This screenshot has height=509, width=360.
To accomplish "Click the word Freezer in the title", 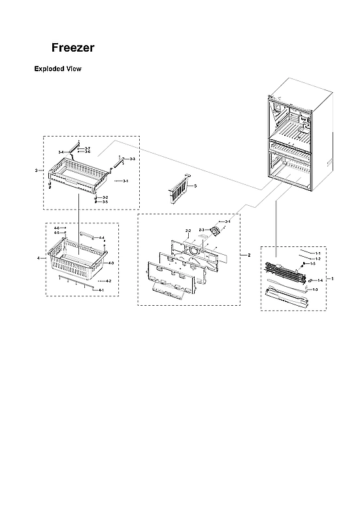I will (x=73, y=48).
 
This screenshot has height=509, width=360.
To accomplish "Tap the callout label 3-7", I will (x=88, y=149).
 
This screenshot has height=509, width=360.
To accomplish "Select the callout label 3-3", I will (x=132, y=159).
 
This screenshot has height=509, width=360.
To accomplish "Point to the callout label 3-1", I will (x=125, y=180).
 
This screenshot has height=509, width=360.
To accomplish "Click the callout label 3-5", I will (x=105, y=202).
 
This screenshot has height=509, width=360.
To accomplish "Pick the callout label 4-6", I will (x=56, y=228).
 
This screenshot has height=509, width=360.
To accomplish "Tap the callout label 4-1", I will (x=101, y=289).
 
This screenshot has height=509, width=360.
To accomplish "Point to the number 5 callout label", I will (x=195, y=186).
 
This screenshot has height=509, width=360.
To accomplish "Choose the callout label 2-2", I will (x=188, y=231).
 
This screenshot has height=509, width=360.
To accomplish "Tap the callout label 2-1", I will (x=228, y=222).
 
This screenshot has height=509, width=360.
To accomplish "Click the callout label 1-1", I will (x=318, y=252).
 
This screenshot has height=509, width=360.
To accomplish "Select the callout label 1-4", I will (x=320, y=280).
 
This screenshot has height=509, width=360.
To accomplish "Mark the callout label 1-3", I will (x=315, y=289).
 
